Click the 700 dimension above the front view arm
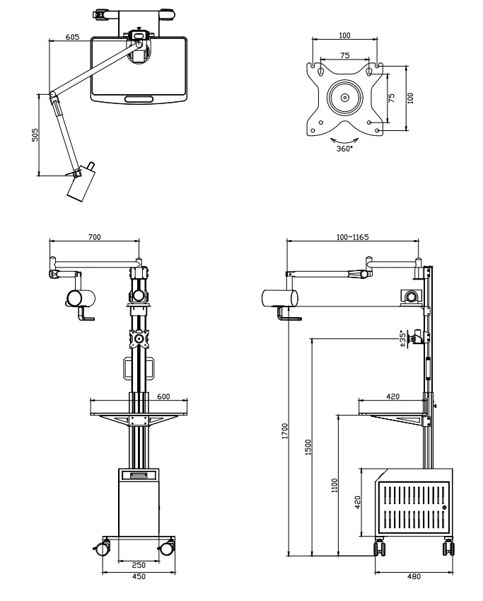(x=93, y=236)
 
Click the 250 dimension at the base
(x=139, y=564)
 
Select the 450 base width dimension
(x=139, y=577)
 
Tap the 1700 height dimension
(x=284, y=432)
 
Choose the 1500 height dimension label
(x=308, y=447)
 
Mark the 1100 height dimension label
(x=334, y=485)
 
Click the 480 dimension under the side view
(x=414, y=577)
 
